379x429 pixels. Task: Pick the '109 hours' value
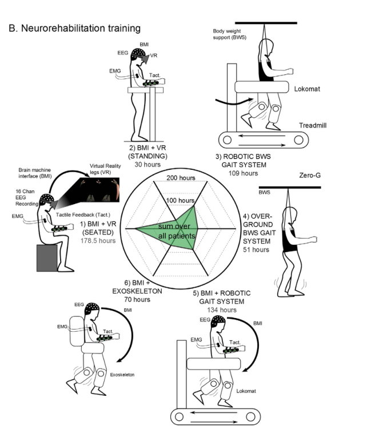tap(242, 173)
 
